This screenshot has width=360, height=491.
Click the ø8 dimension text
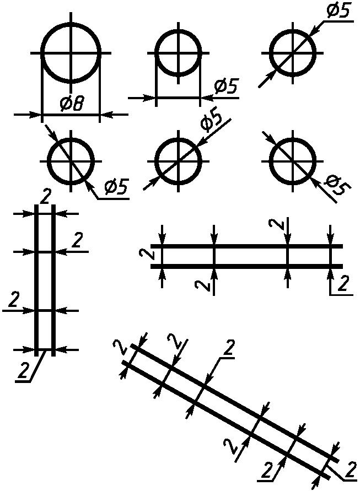(x=71, y=104)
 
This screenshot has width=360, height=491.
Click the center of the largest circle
(x=71, y=53)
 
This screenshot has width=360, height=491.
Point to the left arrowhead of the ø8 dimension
(x=37, y=115)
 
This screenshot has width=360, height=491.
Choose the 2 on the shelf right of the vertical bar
(x=77, y=240)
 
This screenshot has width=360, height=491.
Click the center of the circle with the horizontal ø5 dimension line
(x=179, y=53)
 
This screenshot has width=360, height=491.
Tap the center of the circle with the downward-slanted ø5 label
(x=293, y=161)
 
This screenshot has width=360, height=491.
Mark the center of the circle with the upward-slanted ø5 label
(x=179, y=161)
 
